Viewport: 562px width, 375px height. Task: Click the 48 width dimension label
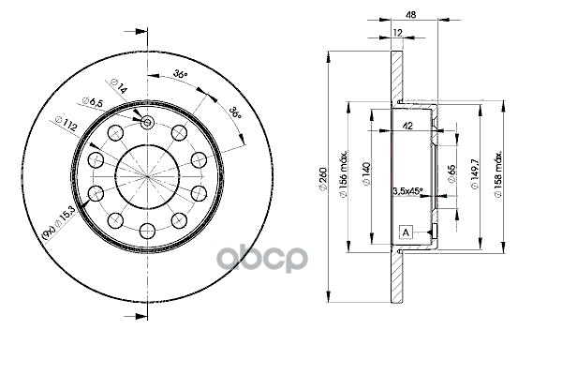pos(411,15)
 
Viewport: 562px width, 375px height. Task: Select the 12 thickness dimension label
pos(397,33)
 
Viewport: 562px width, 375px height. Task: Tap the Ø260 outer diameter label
pos(324,178)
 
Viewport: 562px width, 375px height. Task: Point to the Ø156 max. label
pos(343,173)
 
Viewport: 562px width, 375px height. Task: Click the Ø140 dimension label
pos(366,174)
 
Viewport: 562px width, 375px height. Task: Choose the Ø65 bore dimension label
pos(451,173)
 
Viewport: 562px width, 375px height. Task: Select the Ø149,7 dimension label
pos(475,173)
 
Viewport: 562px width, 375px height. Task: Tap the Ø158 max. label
pos(498,173)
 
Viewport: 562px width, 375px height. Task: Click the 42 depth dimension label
pos(407,126)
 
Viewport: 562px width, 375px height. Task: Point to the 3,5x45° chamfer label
pos(407,190)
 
